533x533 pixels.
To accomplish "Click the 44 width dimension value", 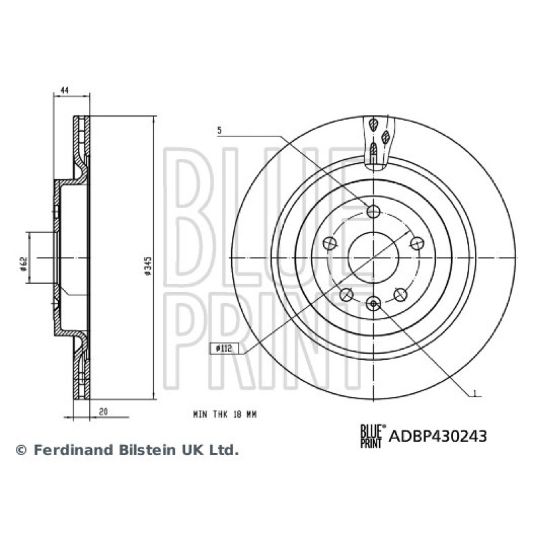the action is (x=64, y=90).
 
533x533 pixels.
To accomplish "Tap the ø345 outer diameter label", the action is (x=148, y=265).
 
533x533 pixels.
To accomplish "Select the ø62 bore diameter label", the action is (x=23, y=264).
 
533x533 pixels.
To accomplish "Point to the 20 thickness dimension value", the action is (x=103, y=411).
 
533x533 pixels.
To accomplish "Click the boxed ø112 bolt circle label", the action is (x=225, y=348).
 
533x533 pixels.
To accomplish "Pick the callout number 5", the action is (x=219, y=130).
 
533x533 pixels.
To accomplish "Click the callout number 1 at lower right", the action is (x=475, y=392).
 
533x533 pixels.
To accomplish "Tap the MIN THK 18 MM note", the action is (x=225, y=414).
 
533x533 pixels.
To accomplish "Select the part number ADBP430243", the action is (x=438, y=436).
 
